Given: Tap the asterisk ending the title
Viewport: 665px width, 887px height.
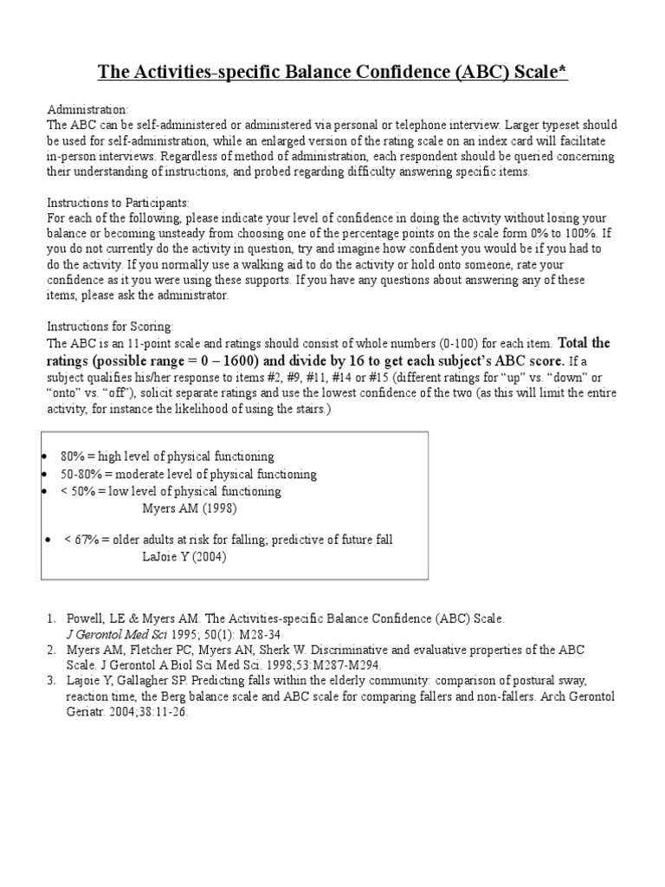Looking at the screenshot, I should coord(563,69).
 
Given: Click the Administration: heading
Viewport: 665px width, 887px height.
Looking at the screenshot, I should coord(87,110).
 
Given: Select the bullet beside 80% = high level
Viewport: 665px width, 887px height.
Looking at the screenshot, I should coord(45,456).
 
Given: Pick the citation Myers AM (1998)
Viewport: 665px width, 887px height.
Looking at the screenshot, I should coord(189,508).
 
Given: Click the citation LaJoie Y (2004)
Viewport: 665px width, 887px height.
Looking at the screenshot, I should coord(184,557).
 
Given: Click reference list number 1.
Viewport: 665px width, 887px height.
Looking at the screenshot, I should coord(50,619).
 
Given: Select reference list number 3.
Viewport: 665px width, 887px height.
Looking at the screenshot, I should coord(50,682).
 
